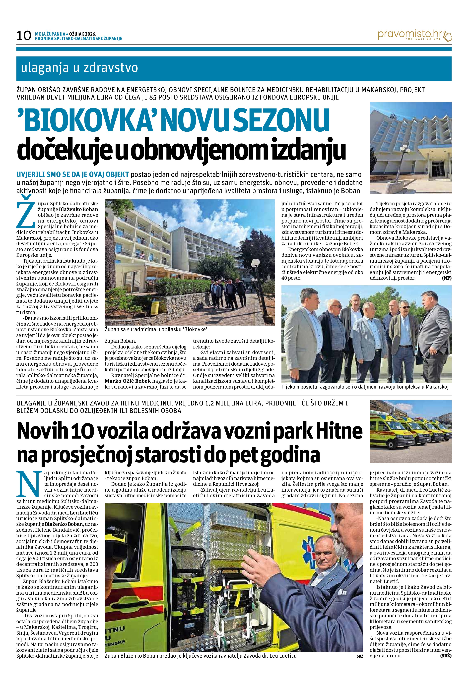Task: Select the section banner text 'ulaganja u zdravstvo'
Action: coord(79,68)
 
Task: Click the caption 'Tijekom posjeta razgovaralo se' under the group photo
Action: coord(365,387)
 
